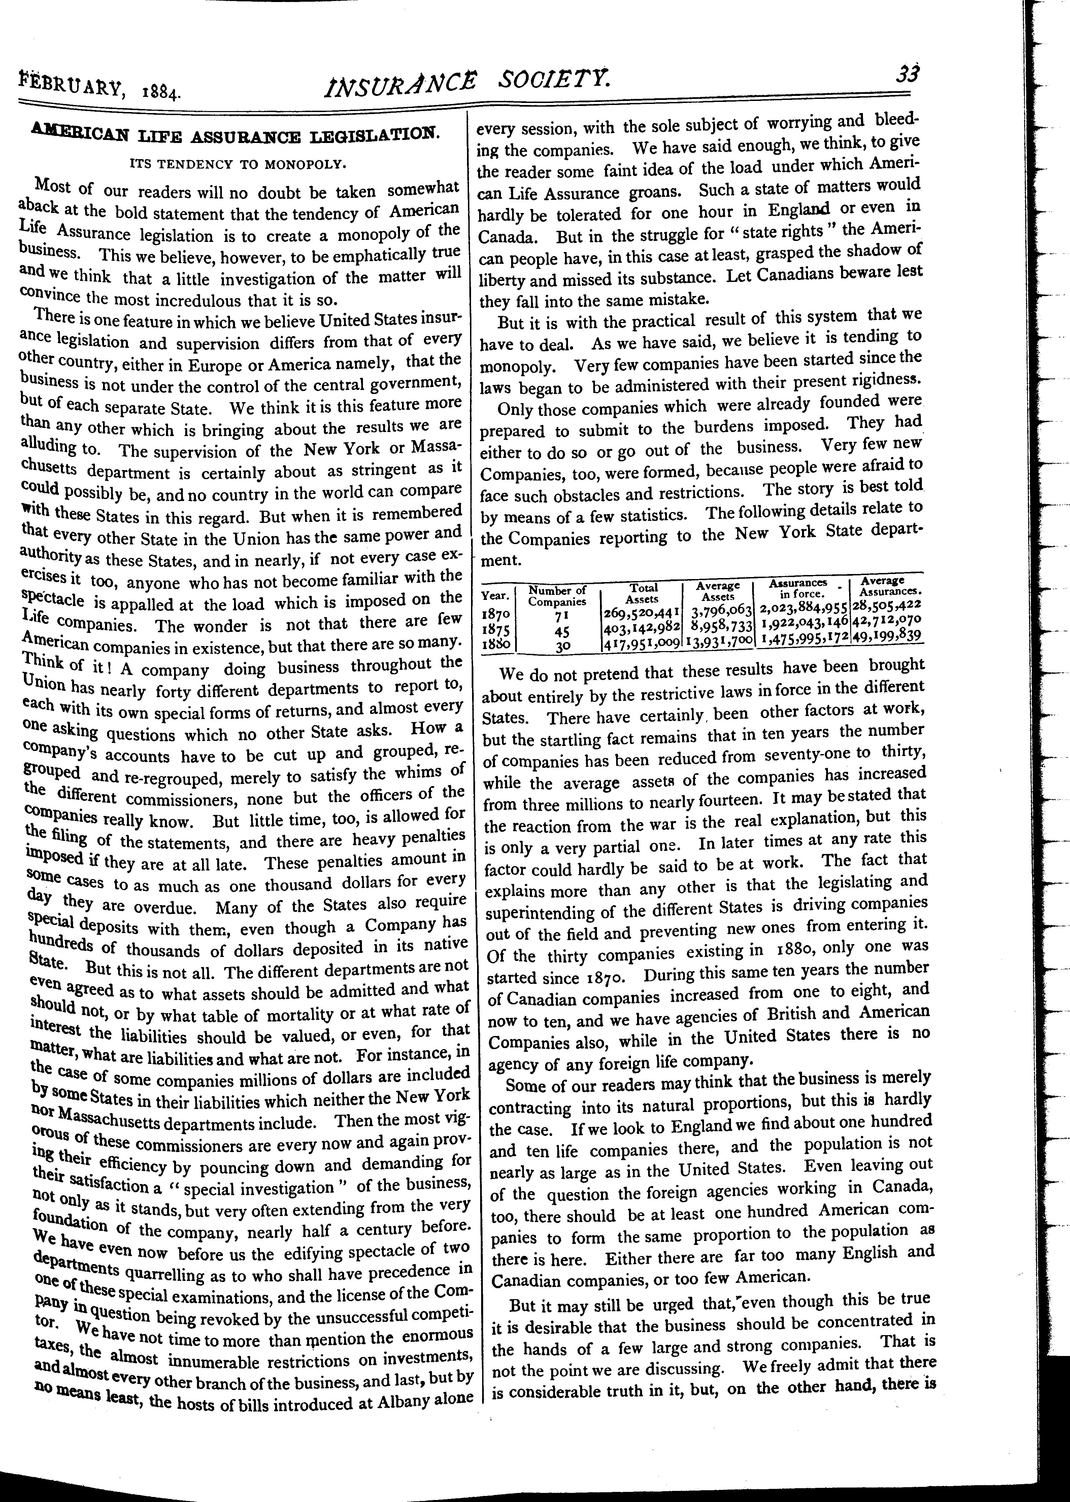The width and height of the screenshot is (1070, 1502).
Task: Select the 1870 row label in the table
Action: [496, 613]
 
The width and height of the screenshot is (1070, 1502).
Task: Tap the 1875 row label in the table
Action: [496, 630]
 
